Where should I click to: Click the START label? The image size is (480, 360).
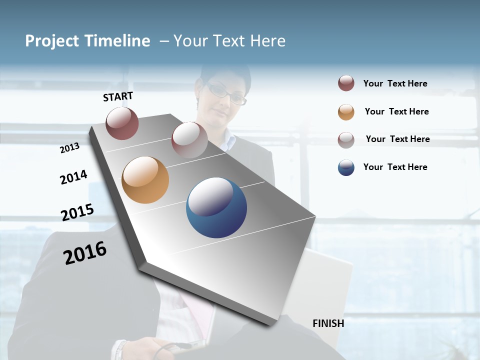(x=118, y=96)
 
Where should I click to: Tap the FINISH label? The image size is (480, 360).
(x=328, y=323)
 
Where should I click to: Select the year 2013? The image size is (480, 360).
(x=69, y=148)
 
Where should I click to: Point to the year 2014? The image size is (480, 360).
(x=73, y=177)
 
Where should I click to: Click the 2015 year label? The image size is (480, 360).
(x=77, y=212)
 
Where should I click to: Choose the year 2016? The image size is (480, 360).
(x=85, y=253)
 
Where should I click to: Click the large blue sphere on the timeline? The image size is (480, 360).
(x=216, y=207)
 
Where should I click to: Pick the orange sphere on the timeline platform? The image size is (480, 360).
(x=145, y=180)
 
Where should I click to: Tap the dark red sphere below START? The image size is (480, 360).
(x=122, y=123)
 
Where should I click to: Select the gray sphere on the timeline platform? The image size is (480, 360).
(x=189, y=139)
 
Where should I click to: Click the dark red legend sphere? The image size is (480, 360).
(x=346, y=83)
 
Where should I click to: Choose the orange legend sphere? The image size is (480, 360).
(x=346, y=112)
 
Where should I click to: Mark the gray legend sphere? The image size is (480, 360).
(x=346, y=140)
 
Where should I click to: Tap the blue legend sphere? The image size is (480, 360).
(x=346, y=167)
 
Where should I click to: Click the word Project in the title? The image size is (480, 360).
(x=51, y=41)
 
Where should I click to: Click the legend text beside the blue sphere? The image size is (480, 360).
(x=395, y=167)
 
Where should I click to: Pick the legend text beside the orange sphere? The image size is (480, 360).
(x=396, y=111)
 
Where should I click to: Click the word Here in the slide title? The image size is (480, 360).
(x=267, y=41)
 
